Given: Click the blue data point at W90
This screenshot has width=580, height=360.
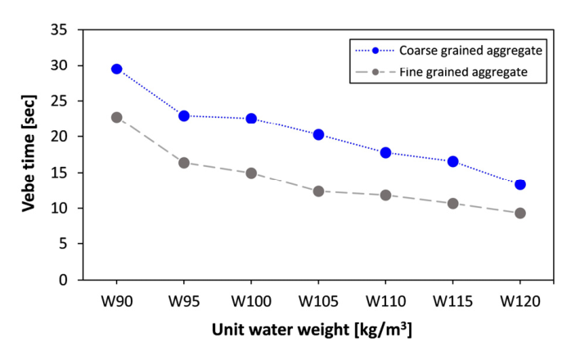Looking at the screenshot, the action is (x=116, y=69).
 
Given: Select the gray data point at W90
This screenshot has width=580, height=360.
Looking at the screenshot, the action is (x=116, y=117).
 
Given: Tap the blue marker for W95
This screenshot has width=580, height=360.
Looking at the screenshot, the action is (x=184, y=116).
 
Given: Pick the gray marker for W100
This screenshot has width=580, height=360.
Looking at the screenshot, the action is (x=251, y=173).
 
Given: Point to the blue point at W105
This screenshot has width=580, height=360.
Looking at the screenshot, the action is (x=318, y=134).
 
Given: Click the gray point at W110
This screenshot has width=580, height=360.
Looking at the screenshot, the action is (x=385, y=195).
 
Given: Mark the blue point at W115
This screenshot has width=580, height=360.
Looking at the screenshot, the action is (x=452, y=161).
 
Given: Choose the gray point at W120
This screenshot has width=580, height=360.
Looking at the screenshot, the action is (x=520, y=213).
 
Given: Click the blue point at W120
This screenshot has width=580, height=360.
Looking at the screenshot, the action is (x=520, y=184).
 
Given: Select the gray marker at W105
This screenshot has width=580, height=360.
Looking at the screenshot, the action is (x=318, y=191).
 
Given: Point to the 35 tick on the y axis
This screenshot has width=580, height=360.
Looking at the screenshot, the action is (x=59, y=29).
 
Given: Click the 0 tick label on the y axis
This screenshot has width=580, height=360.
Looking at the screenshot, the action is (x=63, y=280).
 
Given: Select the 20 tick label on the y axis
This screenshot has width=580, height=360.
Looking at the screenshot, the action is (x=59, y=137).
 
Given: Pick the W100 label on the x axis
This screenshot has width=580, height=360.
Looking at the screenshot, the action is (x=251, y=301).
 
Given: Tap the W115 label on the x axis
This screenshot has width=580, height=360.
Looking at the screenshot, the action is (x=452, y=301).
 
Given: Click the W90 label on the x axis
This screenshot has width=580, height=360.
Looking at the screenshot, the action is (x=117, y=301).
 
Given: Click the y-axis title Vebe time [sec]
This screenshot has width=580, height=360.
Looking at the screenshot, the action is (x=29, y=154).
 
